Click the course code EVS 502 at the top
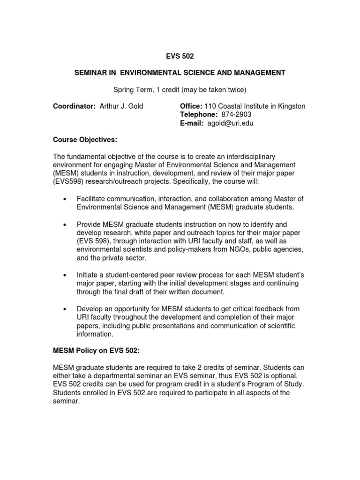180,56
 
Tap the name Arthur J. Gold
121,106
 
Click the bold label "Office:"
191,106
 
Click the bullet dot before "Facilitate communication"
64,199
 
